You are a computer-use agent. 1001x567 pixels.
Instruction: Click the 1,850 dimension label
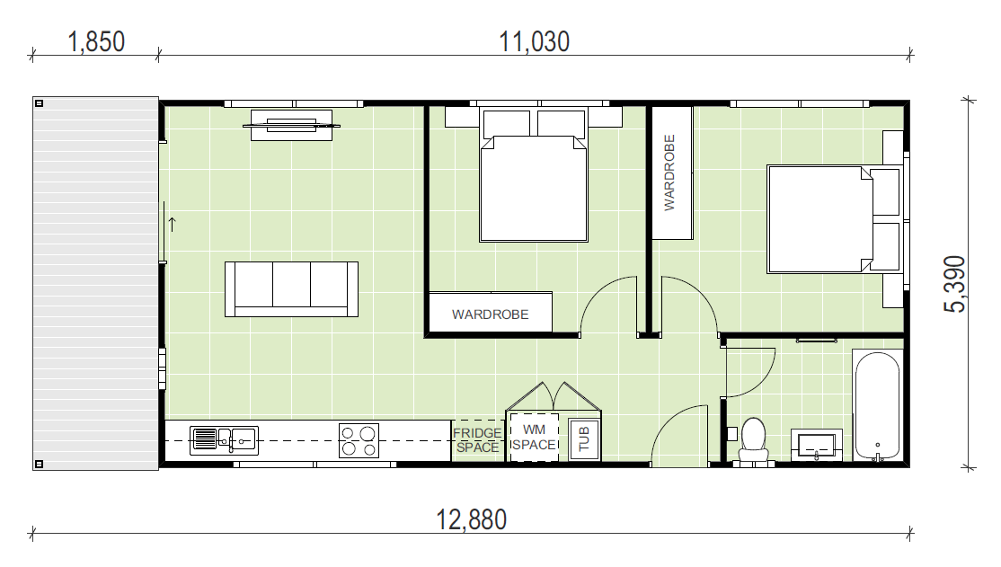[96, 42]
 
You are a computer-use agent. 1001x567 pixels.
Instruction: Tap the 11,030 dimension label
[534, 42]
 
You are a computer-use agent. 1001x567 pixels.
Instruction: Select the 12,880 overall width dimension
[471, 519]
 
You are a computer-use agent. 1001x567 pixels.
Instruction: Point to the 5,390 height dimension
[955, 284]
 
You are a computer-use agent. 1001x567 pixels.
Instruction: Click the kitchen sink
[224, 440]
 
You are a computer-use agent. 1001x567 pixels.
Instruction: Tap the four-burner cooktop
[359, 440]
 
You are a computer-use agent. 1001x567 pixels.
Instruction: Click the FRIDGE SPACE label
[477, 440]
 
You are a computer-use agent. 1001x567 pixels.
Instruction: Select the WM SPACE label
[534, 438]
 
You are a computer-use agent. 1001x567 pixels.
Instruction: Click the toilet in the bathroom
[754, 439]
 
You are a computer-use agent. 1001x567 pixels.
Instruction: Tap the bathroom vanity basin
[817, 445]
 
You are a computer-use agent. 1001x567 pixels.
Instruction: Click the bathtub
[878, 406]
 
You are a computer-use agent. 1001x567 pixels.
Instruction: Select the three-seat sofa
[291, 289]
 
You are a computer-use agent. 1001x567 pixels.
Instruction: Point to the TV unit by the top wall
[291, 125]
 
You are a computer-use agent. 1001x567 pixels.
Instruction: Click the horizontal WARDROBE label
[491, 315]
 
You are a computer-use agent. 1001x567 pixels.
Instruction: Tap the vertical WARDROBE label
[669, 173]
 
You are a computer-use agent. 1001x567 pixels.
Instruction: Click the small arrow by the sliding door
[172, 224]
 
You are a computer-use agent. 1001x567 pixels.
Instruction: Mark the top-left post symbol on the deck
[39, 103]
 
